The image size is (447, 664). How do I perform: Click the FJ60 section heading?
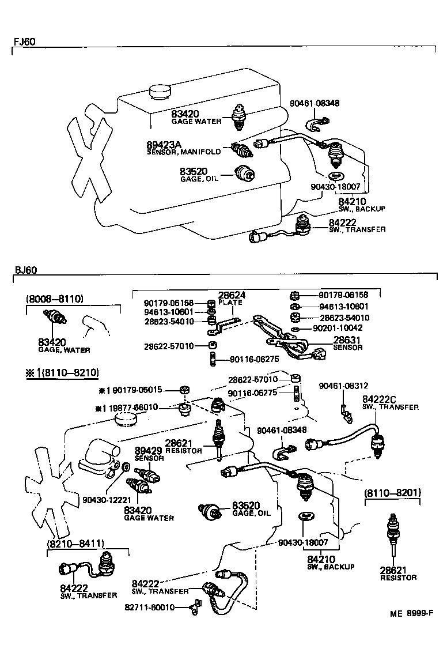24,42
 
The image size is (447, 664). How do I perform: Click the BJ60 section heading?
24,270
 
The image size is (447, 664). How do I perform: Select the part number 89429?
149,450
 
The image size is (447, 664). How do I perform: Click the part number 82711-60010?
149,607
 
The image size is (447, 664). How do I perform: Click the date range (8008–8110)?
55,299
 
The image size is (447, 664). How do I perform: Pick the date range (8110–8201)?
392,493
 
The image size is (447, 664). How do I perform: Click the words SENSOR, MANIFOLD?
184,152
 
